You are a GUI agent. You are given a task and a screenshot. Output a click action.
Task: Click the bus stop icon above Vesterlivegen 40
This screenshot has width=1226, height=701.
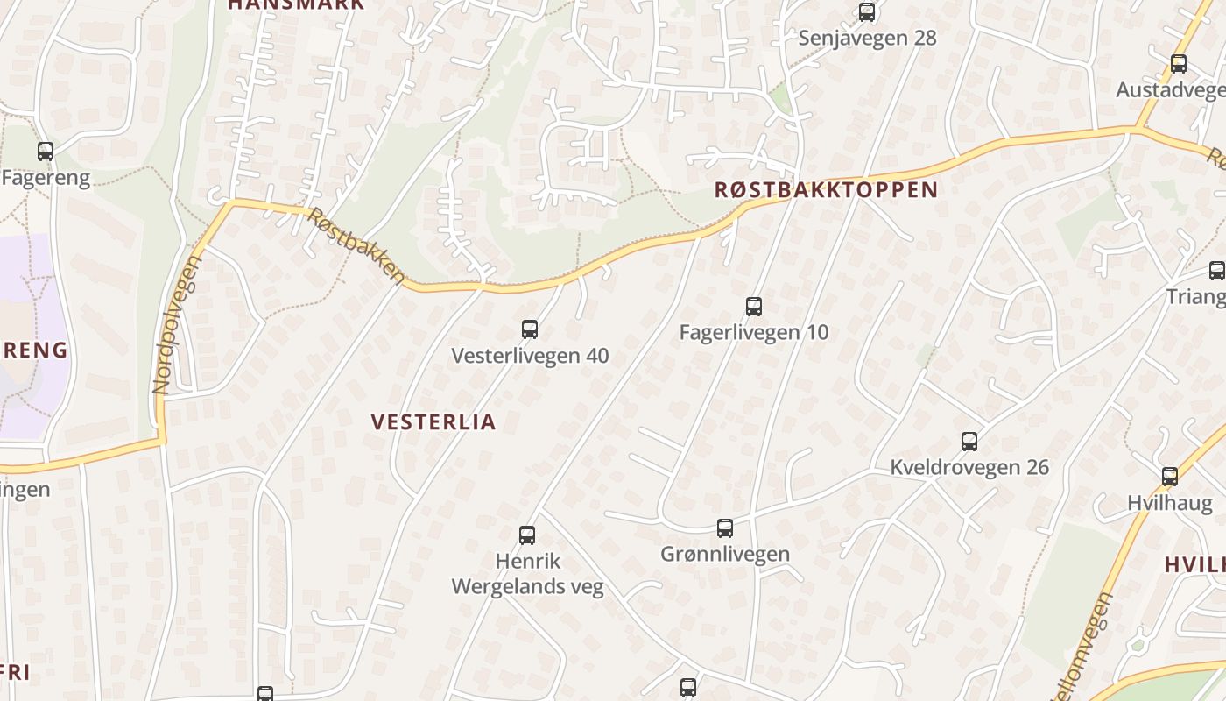pyautogui.click(x=530, y=329)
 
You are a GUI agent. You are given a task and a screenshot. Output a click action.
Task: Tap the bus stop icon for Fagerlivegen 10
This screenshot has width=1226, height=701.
pyautogui.click(x=754, y=307)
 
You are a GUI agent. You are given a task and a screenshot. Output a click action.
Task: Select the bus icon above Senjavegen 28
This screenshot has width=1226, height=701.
pyautogui.click(x=867, y=12)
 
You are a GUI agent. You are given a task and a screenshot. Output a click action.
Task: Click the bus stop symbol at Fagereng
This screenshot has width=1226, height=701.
pyautogui.click(x=46, y=152)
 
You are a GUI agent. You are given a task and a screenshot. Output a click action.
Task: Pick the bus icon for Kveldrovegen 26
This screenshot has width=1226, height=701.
pyautogui.click(x=969, y=442)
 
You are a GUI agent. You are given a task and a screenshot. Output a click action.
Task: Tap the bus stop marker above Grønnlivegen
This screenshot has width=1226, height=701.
pyautogui.click(x=725, y=528)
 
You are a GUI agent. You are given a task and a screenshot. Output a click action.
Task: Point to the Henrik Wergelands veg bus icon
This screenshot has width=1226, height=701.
pyautogui.click(x=527, y=535)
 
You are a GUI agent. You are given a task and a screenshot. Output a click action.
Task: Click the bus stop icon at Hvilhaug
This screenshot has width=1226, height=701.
pyautogui.click(x=1170, y=477)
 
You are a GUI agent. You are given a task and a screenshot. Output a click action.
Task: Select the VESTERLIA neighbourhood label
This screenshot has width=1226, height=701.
pyautogui.click(x=433, y=422)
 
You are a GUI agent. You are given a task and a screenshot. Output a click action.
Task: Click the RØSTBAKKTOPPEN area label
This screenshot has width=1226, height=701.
pyautogui.click(x=826, y=190)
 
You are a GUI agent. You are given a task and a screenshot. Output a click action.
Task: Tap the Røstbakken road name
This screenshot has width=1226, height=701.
pyautogui.click(x=356, y=245)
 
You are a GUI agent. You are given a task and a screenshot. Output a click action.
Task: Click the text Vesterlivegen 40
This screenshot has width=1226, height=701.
pyautogui.click(x=530, y=356)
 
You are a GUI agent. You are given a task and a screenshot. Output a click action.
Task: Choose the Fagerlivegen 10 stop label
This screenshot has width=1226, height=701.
pyautogui.click(x=754, y=333)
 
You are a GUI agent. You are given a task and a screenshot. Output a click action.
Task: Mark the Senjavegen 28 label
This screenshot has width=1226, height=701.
pyautogui.click(x=867, y=39)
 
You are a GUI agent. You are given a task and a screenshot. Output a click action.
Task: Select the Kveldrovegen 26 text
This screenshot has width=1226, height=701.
pyautogui.click(x=969, y=467)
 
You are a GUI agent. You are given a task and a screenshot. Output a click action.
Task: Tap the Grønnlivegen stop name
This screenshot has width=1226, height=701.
pyautogui.click(x=725, y=554)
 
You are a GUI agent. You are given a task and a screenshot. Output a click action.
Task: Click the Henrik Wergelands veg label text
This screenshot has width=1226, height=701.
pyautogui.click(x=528, y=574)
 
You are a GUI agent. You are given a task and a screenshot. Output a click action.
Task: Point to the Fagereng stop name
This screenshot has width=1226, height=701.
pyautogui.click(x=46, y=178)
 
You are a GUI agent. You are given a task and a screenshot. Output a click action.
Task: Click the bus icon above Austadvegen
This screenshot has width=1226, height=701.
pyautogui.click(x=1179, y=64)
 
